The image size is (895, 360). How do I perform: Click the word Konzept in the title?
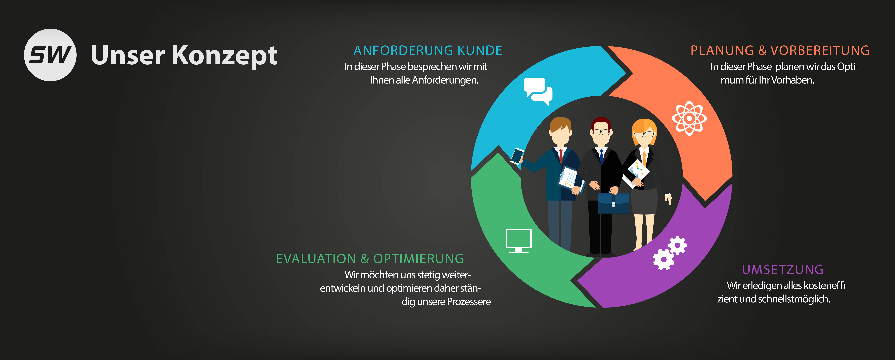[225, 56]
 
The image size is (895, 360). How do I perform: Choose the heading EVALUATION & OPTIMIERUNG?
[370, 259]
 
